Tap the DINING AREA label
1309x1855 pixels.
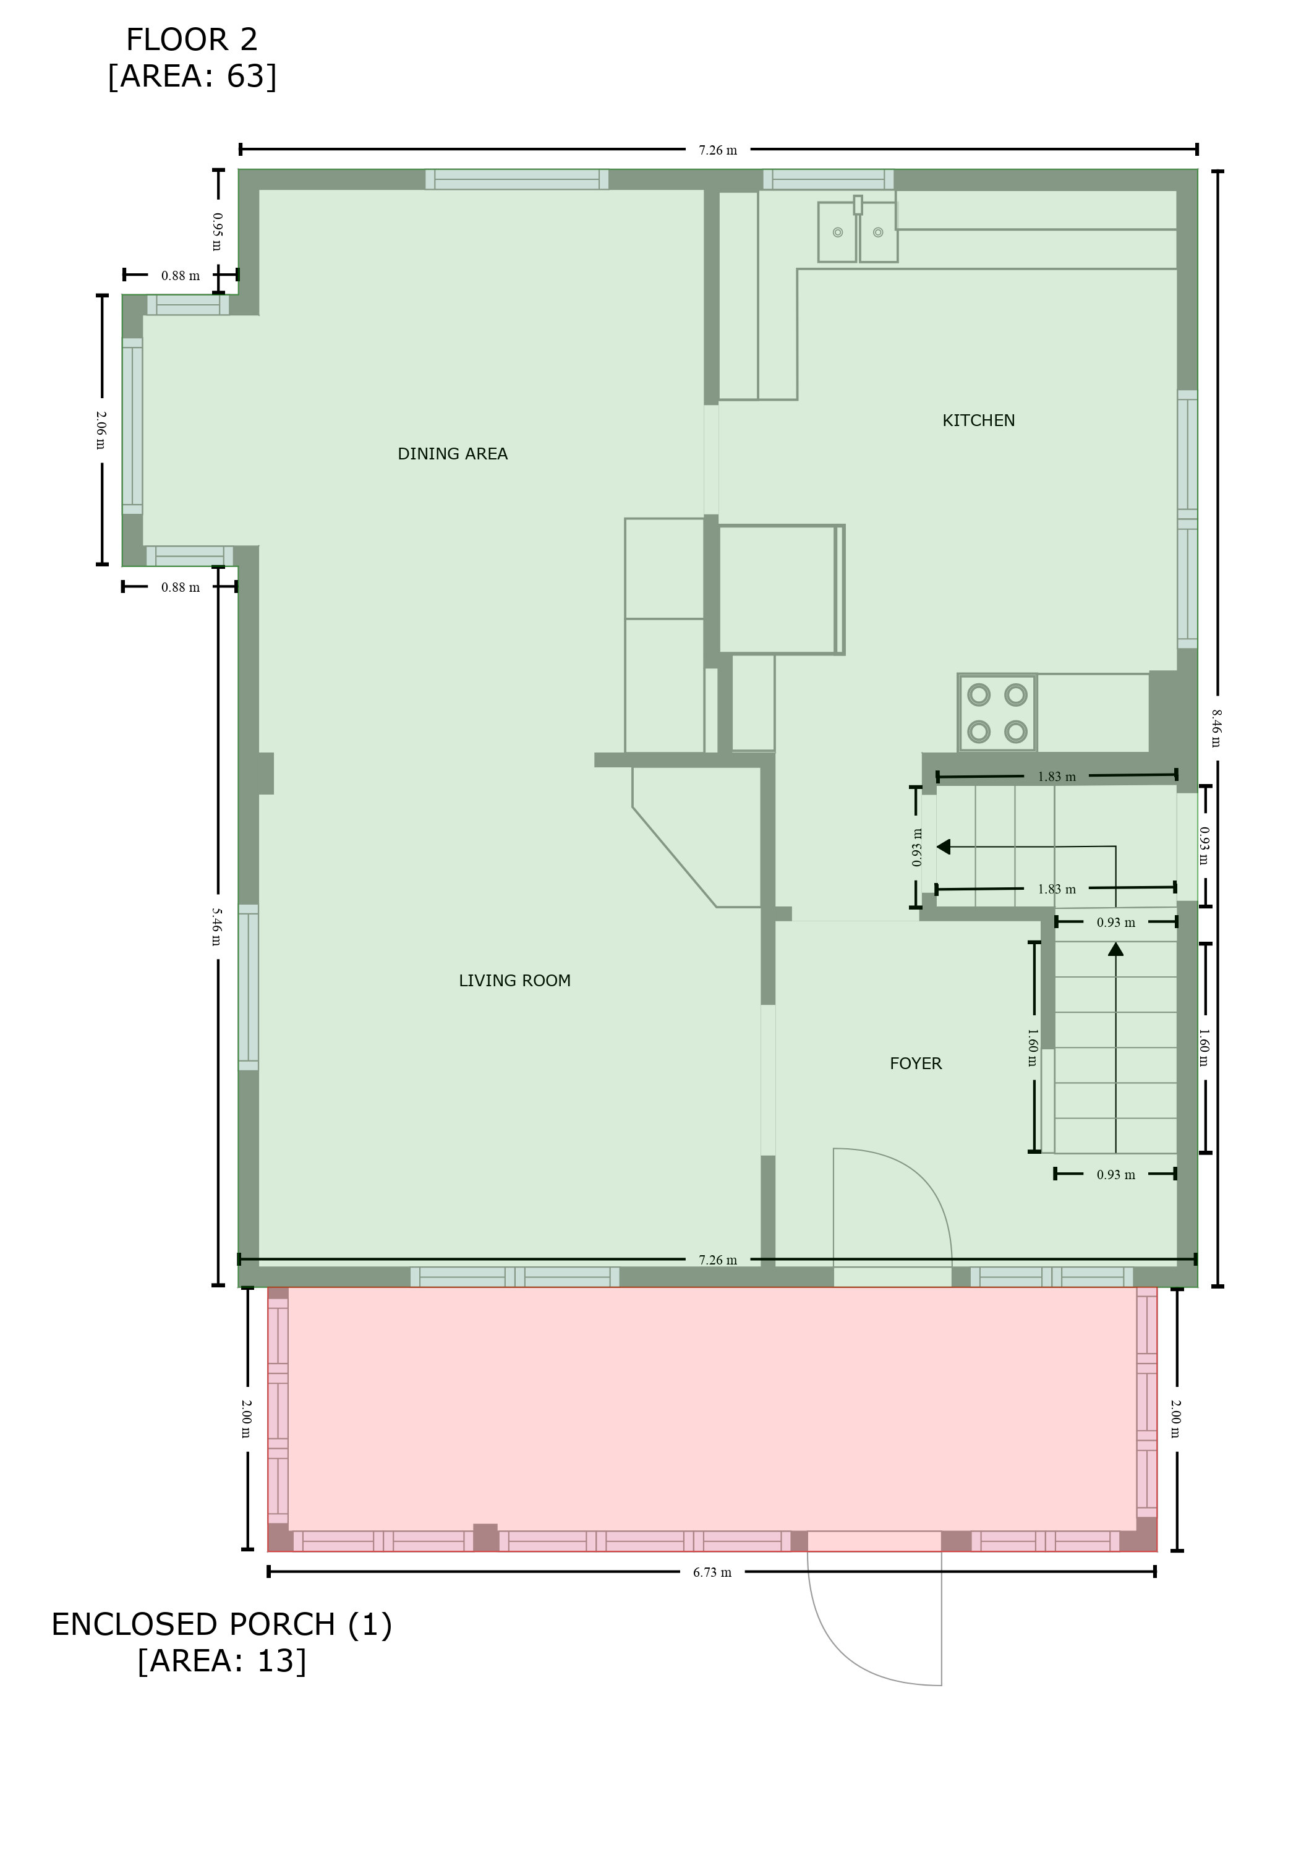(453, 454)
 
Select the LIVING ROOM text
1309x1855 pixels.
(514, 981)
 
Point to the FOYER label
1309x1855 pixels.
(916, 1064)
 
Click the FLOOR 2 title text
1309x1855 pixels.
(192, 40)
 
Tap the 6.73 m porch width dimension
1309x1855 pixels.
(712, 1572)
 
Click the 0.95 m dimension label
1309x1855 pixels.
(216, 232)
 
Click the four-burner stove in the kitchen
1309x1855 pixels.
(997, 712)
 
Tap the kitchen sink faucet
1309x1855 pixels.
(858, 205)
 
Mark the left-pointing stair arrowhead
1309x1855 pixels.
(943, 846)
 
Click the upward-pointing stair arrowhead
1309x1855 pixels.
(1116, 949)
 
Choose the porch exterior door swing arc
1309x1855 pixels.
(840, 1657)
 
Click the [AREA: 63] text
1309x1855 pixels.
(192, 76)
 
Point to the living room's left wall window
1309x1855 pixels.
(248, 987)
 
